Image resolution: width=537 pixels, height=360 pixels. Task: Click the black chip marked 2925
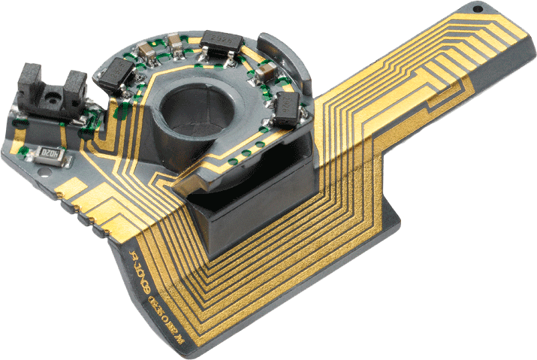pyautogui.click(x=220, y=39)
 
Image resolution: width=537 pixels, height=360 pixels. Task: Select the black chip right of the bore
pyautogui.click(x=289, y=107)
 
